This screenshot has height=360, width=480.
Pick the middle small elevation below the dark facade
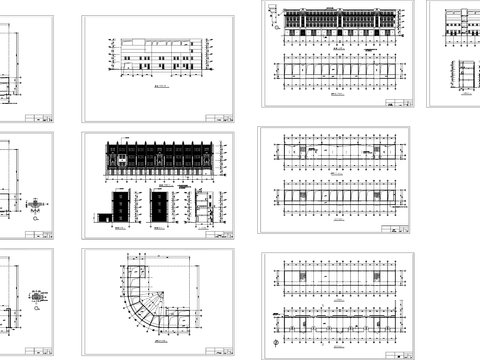161,208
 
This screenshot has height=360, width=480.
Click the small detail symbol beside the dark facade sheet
37,204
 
